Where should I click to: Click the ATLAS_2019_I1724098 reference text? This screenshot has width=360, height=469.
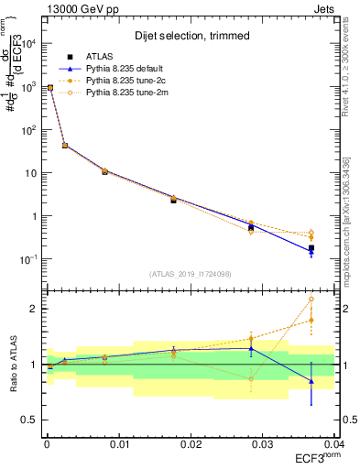click(x=190, y=273)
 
